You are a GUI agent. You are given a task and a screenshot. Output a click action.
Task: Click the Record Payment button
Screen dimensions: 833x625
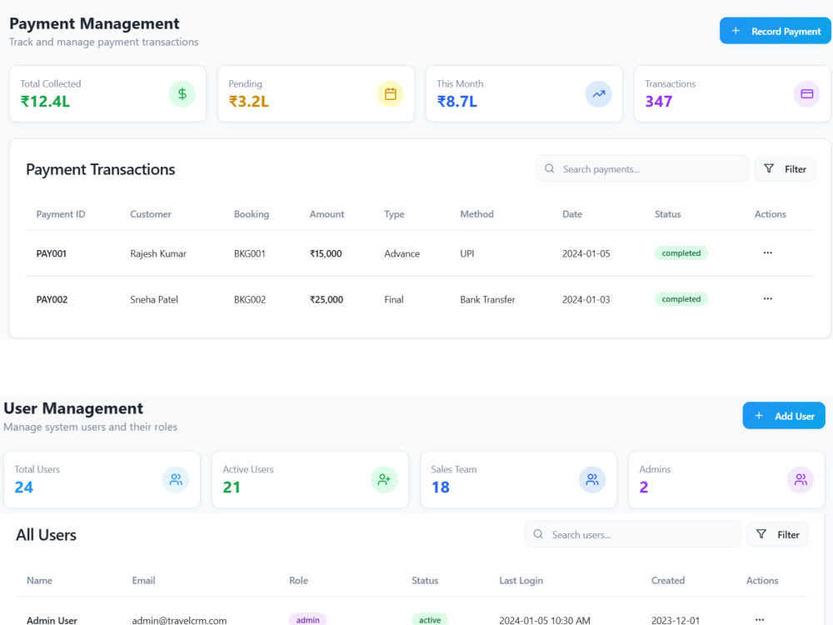tap(775, 31)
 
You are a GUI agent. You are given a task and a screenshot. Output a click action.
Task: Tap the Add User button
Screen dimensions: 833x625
tap(784, 416)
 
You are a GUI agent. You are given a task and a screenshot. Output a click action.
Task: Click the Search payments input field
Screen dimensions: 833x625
tap(642, 169)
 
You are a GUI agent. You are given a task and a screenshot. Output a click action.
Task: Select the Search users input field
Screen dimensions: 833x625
tap(633, 534)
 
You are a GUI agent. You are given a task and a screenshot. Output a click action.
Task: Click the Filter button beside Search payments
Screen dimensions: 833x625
tap(785, 169)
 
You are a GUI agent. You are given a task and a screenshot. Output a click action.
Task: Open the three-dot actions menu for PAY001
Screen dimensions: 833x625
tap(768, 253)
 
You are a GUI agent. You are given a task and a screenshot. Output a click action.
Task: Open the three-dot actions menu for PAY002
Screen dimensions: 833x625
tap(768, 298)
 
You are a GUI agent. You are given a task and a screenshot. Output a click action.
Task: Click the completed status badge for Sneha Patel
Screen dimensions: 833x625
tap(681, 299)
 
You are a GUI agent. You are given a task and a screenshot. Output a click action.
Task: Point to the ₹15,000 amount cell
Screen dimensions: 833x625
tap(326, 253)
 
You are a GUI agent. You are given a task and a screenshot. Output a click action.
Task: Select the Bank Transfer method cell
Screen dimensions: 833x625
tap(487, 300)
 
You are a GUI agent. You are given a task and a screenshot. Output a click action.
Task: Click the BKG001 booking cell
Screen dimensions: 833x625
tap(250, 253)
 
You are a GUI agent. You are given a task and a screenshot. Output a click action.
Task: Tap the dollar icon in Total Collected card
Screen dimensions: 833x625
tap(182, 94)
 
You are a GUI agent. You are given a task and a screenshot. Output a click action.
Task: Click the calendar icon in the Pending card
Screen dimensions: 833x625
tap(391, 94)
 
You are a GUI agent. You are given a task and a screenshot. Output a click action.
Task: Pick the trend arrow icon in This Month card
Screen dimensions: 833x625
tap(599, 94)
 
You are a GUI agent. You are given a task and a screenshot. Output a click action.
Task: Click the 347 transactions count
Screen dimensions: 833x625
tap(659, 102)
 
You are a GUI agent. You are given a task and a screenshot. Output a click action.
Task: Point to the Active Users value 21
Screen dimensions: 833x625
tap(232, 487)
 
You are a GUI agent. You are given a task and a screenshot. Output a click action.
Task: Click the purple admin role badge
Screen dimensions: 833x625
tap(307, 620)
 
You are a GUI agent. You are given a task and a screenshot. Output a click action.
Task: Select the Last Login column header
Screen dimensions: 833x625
tap(521, 580)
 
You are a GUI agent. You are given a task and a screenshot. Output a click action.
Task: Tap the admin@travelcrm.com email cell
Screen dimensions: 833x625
tap(179, 620)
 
